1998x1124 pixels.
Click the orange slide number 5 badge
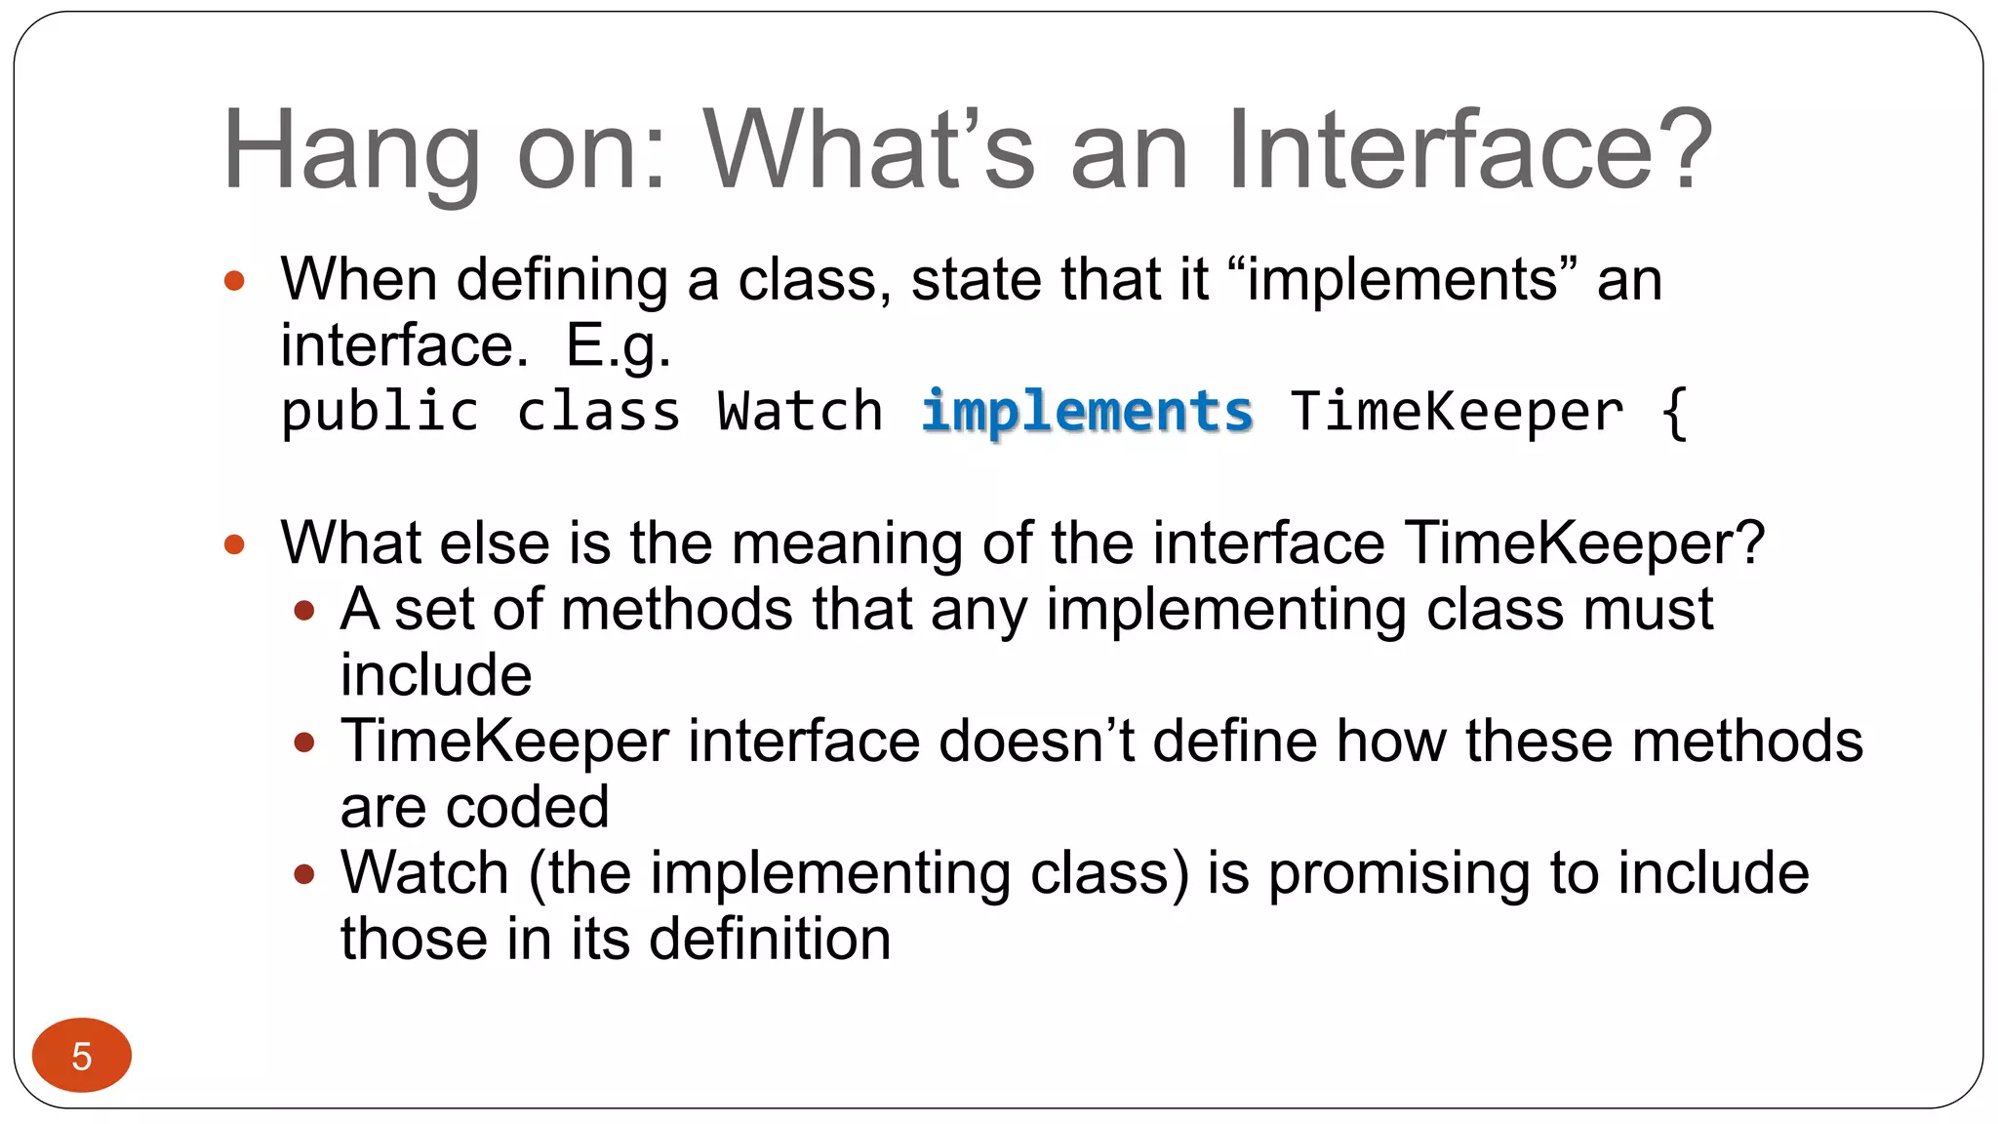coord(82,1055)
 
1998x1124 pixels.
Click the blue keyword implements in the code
coord(1087,412)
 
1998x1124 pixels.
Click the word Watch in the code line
coord(800,412)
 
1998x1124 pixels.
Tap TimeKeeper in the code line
coord(1457,412)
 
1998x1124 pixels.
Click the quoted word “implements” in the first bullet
coord(1401,280)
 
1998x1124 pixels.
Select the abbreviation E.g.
coord(619,347)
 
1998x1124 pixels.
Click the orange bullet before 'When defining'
coord(234,282)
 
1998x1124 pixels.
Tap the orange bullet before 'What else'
coord(234,544)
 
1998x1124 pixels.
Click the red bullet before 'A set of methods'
coord(304,612)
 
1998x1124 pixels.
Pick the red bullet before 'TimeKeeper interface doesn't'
coord(304,743)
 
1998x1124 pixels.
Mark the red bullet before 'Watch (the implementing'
coord(304,874)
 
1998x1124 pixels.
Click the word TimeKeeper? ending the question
coord(1584,543)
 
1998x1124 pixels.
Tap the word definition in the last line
coord(770,940)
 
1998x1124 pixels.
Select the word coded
coord(528,808)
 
